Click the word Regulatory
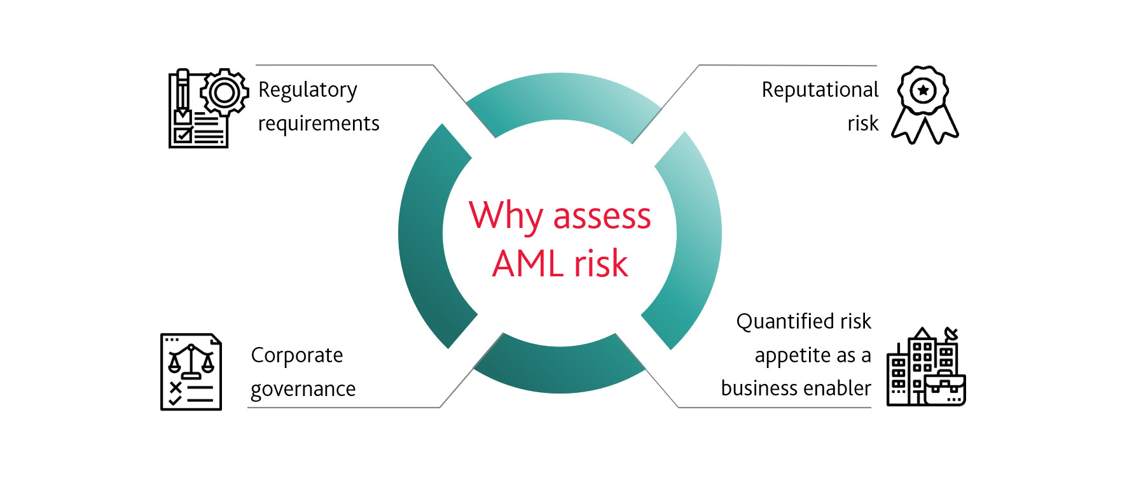click(308, 91)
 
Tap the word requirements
click(319, 124)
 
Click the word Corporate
click(297, 356)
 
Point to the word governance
click(303, 390)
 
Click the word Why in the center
click(507, 216)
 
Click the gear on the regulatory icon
click(225, 93)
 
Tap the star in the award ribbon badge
click(923, 90)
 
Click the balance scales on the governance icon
click(191, 361)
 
